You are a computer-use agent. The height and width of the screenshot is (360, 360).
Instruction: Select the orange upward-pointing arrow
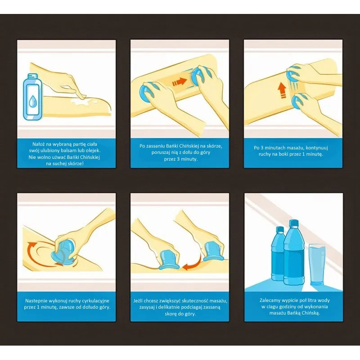point(281,91)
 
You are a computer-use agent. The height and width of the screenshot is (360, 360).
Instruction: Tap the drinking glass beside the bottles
point(317,265)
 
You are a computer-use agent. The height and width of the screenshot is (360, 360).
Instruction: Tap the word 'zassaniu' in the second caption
point(156,146)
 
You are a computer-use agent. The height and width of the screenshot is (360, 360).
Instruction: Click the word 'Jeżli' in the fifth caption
point(138,301)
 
